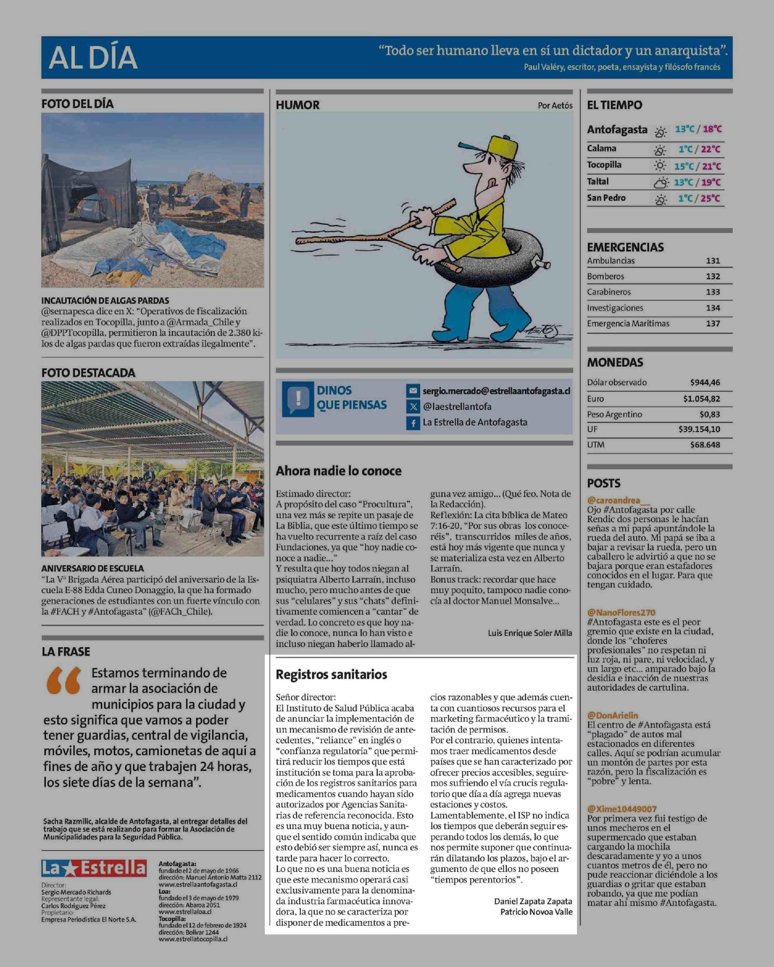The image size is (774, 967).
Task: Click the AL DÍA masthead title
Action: (x=93, y=58)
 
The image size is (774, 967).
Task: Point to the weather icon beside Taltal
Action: (x=660, y=182)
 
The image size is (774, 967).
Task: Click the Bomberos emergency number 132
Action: (x=712, y=276)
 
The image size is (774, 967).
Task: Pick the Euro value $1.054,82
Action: (x=701, y=399)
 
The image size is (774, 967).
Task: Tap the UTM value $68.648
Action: (x=705, y=445)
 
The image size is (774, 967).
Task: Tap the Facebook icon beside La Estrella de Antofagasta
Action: (x=413, y=423)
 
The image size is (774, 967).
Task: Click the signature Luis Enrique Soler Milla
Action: (x=530, y=633)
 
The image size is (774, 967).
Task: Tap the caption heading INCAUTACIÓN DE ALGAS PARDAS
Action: (x=105, y=300)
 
